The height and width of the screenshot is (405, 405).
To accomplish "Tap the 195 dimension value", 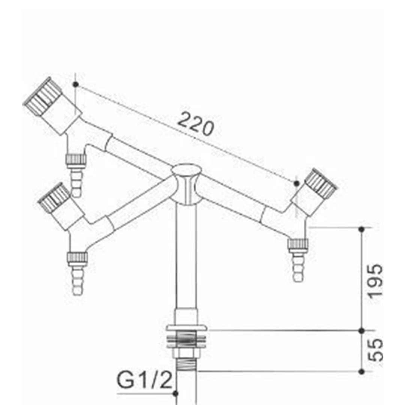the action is [375, 281].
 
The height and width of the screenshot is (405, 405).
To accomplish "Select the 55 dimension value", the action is [375, 350].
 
